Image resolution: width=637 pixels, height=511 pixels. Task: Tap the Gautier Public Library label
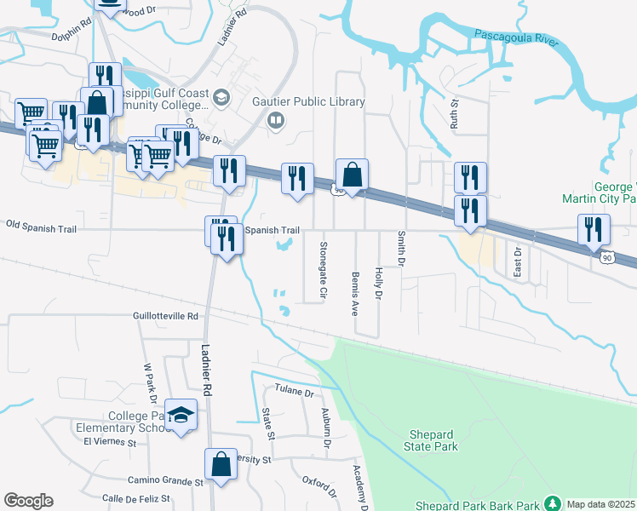point(308,102)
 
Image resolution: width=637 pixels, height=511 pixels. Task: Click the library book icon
point(276,120)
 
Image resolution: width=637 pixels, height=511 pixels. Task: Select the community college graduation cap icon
point(221,97)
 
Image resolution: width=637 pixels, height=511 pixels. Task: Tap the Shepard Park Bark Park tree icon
point(552,504)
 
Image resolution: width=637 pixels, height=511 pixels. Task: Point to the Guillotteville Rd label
point(165,315)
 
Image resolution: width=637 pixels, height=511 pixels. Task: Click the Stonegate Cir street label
point(323,269)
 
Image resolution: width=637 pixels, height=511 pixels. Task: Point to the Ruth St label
point(454,112)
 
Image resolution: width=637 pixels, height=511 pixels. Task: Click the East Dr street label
point(517,261)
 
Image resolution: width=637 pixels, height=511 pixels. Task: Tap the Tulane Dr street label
point(295,393)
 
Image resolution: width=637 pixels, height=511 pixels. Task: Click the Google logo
point(28,501)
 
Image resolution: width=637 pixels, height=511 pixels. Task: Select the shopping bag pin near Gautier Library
point(352,175)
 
